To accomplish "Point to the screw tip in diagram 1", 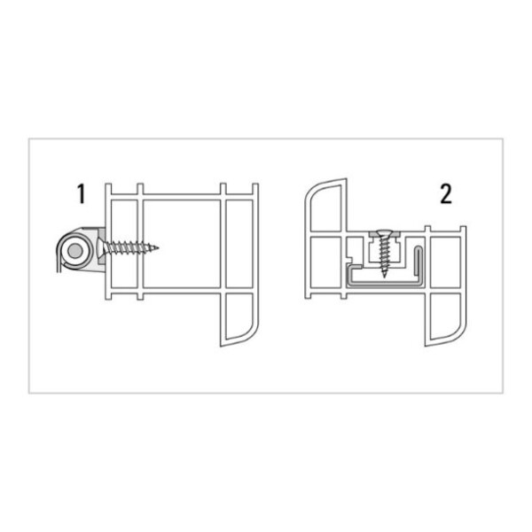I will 160,246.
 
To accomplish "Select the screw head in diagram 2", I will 383,235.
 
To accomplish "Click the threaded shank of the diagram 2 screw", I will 384,256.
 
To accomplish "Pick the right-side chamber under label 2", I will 443,257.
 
